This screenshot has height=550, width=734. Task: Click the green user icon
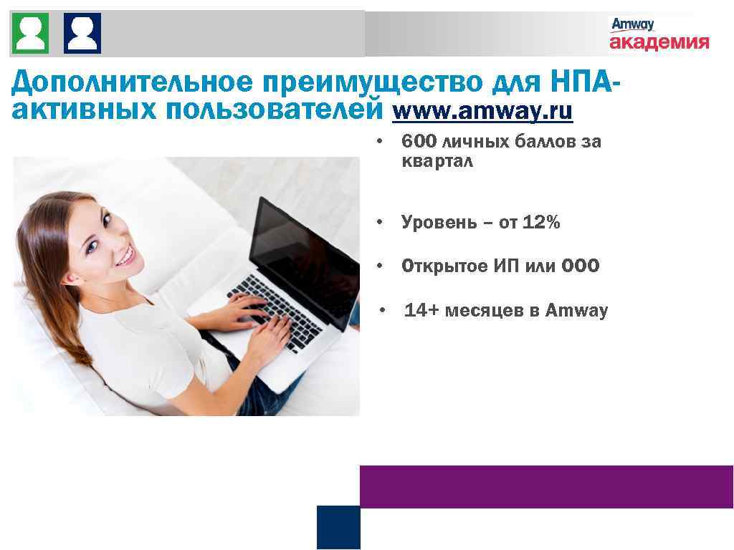(x=30, y=33)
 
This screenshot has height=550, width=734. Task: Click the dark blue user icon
(x=82, y=33)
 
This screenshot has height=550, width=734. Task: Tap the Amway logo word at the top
(x=632, y=24)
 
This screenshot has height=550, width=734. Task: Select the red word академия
(x=659, y=42)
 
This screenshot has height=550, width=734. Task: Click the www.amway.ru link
(x=482, y=112)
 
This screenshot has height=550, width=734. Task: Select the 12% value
(x=541, y=223)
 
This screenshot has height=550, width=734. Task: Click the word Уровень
(x=437, y=223)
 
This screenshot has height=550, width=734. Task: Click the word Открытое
(x=444, y=266)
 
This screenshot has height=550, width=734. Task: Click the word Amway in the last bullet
(x=576, y=311)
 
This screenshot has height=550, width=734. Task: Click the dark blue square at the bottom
(x=338, y=527)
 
